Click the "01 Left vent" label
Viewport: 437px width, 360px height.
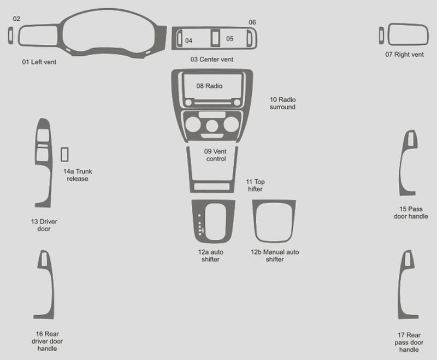coord(39,62)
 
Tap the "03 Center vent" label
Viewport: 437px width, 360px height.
coord(212,60)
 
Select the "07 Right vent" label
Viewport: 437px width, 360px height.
coord(404,55)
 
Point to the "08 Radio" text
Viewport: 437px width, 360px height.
coord(209,86)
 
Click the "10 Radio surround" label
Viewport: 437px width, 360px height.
coord(282,103)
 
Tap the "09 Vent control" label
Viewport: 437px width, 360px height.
coord(215,155)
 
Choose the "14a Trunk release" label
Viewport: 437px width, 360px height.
coord(78,175)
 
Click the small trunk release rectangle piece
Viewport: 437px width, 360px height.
coord(64,155)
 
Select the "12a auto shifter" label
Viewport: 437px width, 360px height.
coord(211,256)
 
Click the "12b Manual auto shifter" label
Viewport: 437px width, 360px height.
coord(275,256)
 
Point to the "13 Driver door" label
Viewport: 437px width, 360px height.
coord(44,225)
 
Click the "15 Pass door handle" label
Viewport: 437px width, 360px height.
coord(411,213)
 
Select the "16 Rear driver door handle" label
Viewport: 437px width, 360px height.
coord(47,341)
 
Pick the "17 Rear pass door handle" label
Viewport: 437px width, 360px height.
coord(409,342)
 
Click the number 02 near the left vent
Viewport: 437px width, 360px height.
coord(16,19)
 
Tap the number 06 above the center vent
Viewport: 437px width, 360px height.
coord(252,22)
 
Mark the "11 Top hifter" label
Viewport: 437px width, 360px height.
coord(255,185)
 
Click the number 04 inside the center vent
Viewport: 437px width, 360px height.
coord(188,41)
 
